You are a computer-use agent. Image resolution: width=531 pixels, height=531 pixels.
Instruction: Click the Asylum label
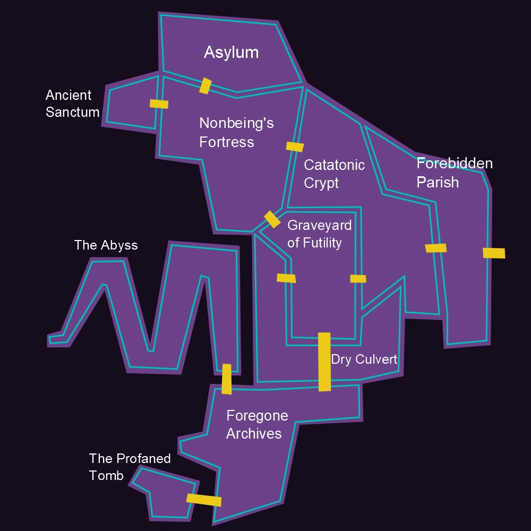[x=231, y=52]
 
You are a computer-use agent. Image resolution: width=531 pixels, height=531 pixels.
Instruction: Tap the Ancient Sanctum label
[x=72, y=104]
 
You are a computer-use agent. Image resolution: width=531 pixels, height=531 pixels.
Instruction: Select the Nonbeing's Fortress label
[x=236, y=132]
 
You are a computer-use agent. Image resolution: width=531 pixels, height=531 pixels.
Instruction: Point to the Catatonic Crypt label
[x=334, y=174]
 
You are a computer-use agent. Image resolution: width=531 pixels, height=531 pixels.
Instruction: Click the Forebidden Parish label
[x=454, y=173]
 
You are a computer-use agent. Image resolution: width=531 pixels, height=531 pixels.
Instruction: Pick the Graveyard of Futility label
[x=319, y=234]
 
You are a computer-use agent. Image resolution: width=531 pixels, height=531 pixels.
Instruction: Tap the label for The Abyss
[x=106, y=245]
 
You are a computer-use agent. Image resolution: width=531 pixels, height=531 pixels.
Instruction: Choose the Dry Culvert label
[x=364, y=359]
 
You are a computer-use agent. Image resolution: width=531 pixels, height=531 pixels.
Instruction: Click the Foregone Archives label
[x=257, y=424]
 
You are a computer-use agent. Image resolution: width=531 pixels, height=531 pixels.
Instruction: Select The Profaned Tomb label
[x=130, y=467]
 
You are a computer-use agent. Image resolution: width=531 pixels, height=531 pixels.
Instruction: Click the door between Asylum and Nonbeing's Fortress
[x=205, y=85]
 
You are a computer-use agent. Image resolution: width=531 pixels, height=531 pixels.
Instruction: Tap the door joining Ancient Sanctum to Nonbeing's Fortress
[x=159, y=104]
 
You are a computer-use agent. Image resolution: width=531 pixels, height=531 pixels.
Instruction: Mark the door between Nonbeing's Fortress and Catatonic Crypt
[x=295, y=147]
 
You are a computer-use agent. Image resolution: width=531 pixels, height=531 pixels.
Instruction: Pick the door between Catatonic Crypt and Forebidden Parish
[x=435, y=248]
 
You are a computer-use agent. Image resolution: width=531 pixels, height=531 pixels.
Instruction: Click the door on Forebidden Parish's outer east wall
[x=494, y=253]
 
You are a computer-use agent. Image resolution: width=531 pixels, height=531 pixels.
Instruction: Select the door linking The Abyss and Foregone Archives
[x=227, y=379]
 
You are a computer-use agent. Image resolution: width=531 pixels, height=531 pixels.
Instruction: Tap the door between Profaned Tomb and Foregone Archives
[x=204, y=500]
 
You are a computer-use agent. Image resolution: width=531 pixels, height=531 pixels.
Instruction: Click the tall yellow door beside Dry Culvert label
[x=324, y=362]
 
